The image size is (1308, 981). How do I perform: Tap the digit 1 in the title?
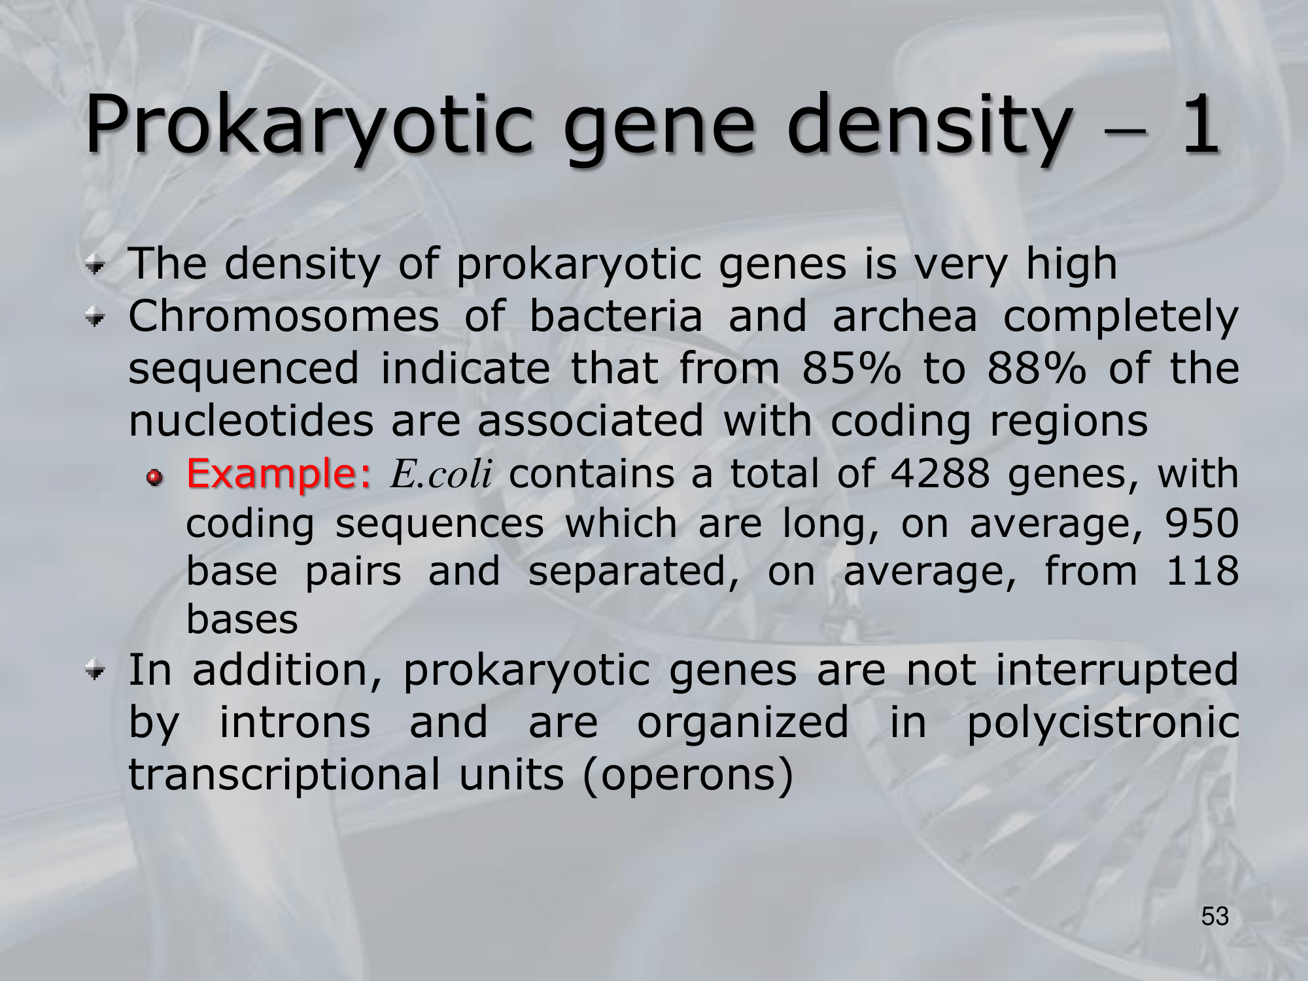pos(1200,124)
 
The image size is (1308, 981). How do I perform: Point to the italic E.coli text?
pos(441,473)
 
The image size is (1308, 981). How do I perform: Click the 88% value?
pos(1037,368)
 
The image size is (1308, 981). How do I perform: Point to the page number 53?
pos(1215,916)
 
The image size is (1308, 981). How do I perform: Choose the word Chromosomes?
pos(284,315)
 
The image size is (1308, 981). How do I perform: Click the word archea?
pos(904,315)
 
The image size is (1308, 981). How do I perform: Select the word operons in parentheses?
pos(687,775)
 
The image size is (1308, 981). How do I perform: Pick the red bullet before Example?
pos(154,479)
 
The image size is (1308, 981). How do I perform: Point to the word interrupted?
pos(1117,671)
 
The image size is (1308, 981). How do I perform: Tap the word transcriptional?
pos(284,775)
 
